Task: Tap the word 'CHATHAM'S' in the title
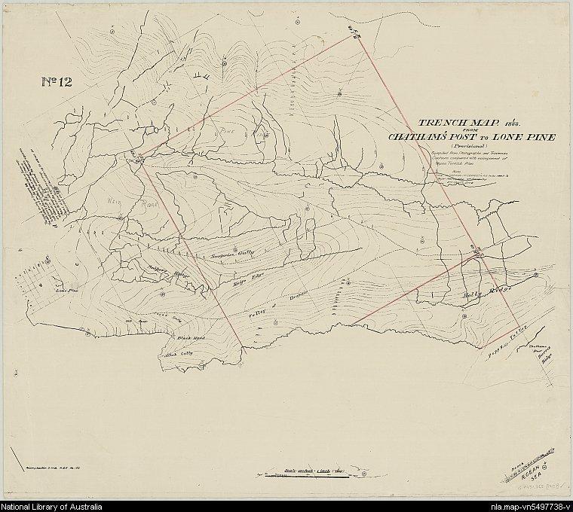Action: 423,137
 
